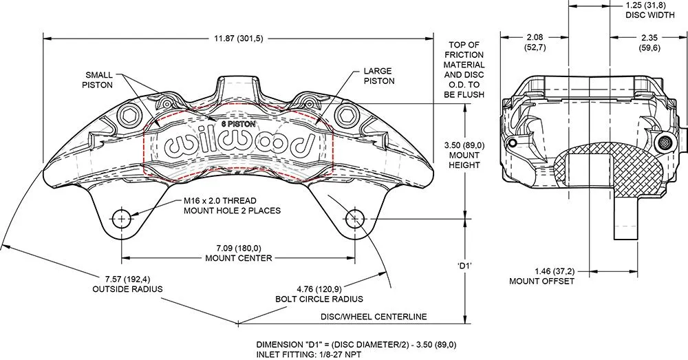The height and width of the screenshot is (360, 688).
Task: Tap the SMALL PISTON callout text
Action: point(99,80)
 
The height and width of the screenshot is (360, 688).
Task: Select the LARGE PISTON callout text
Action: point(378,76)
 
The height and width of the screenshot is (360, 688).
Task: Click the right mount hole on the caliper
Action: point(354,220)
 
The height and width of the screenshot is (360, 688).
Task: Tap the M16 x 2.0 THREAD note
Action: point(233,206)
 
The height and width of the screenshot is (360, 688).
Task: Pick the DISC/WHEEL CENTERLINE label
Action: point(374,317)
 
